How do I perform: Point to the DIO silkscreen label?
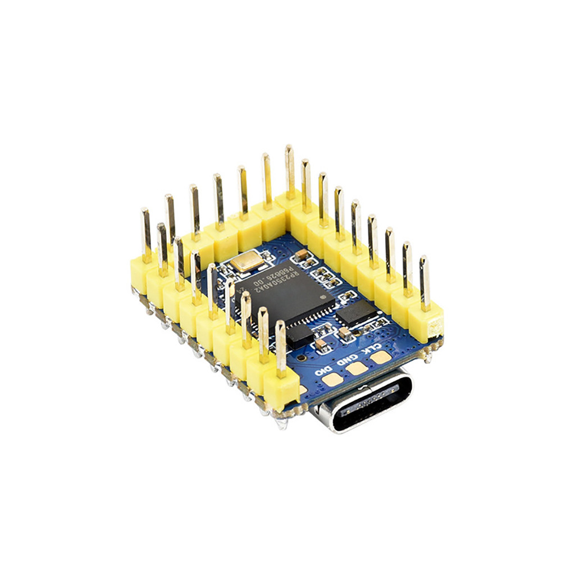tap(323, 371)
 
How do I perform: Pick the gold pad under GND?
tap(356, 368)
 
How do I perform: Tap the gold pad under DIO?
tap(331, 380)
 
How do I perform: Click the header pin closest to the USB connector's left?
tap(280, 348)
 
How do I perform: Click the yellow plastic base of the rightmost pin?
tap(426, 323)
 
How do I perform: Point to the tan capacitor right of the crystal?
tap(302, 255)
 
